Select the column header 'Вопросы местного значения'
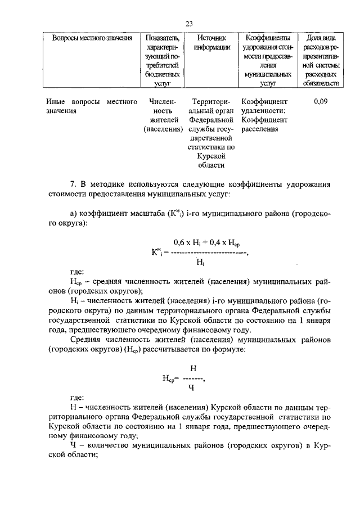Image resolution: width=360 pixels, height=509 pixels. click(x=92, y=38)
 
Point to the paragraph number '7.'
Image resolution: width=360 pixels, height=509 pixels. click(x=73, y=184)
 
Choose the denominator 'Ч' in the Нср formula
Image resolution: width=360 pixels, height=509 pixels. click(x=192, y=387)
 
